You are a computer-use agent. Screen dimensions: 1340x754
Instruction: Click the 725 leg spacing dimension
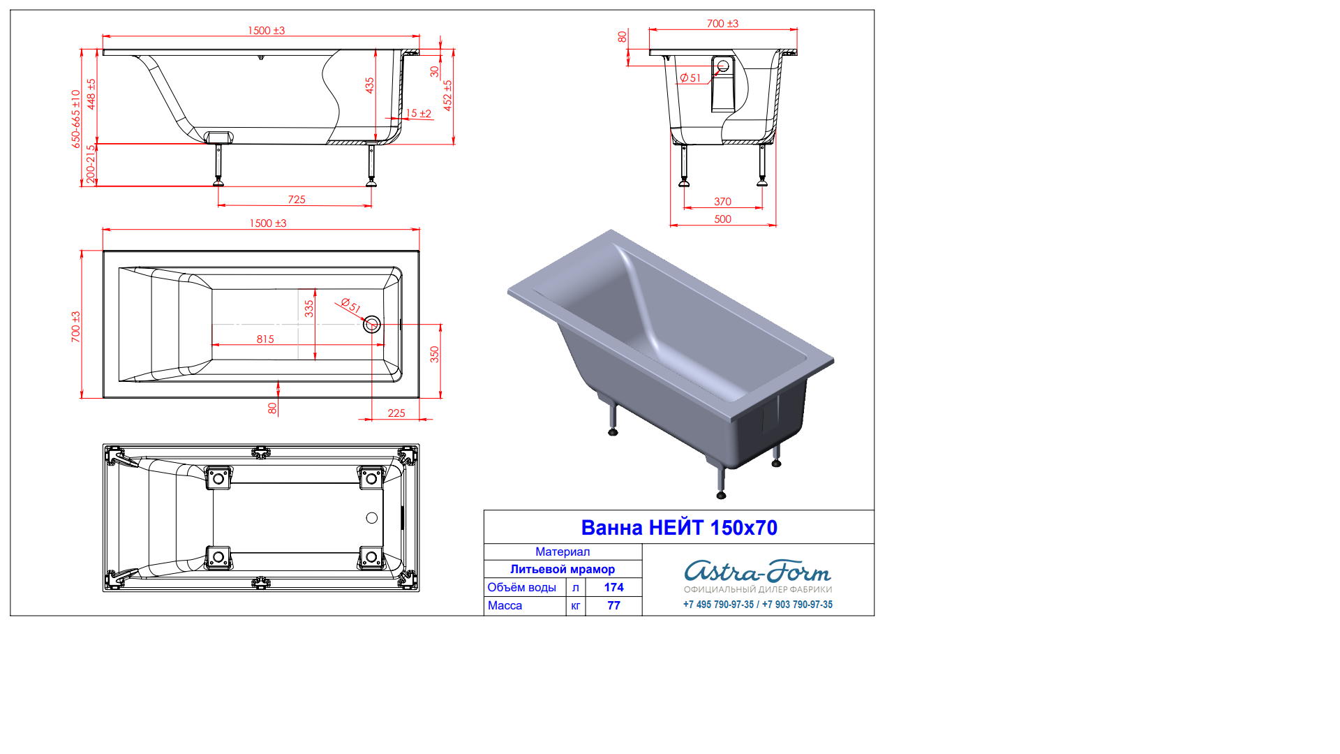point(297,200)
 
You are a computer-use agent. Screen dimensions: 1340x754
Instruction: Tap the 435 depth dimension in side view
point(370,85)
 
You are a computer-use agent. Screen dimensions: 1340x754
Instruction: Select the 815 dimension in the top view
point(265,339)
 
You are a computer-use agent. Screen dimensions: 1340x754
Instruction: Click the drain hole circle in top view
point(372,324)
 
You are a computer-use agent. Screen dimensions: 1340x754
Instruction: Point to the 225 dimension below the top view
point(396,413)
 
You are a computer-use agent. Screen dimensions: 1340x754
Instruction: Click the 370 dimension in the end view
point(722,202)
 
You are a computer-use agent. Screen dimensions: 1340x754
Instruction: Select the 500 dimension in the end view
point(722,219)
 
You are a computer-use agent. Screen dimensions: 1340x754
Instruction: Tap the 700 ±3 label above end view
point(722,24)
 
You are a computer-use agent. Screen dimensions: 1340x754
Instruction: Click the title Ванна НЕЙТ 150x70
point(679,528)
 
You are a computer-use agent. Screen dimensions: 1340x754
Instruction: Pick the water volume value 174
point(613,588)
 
